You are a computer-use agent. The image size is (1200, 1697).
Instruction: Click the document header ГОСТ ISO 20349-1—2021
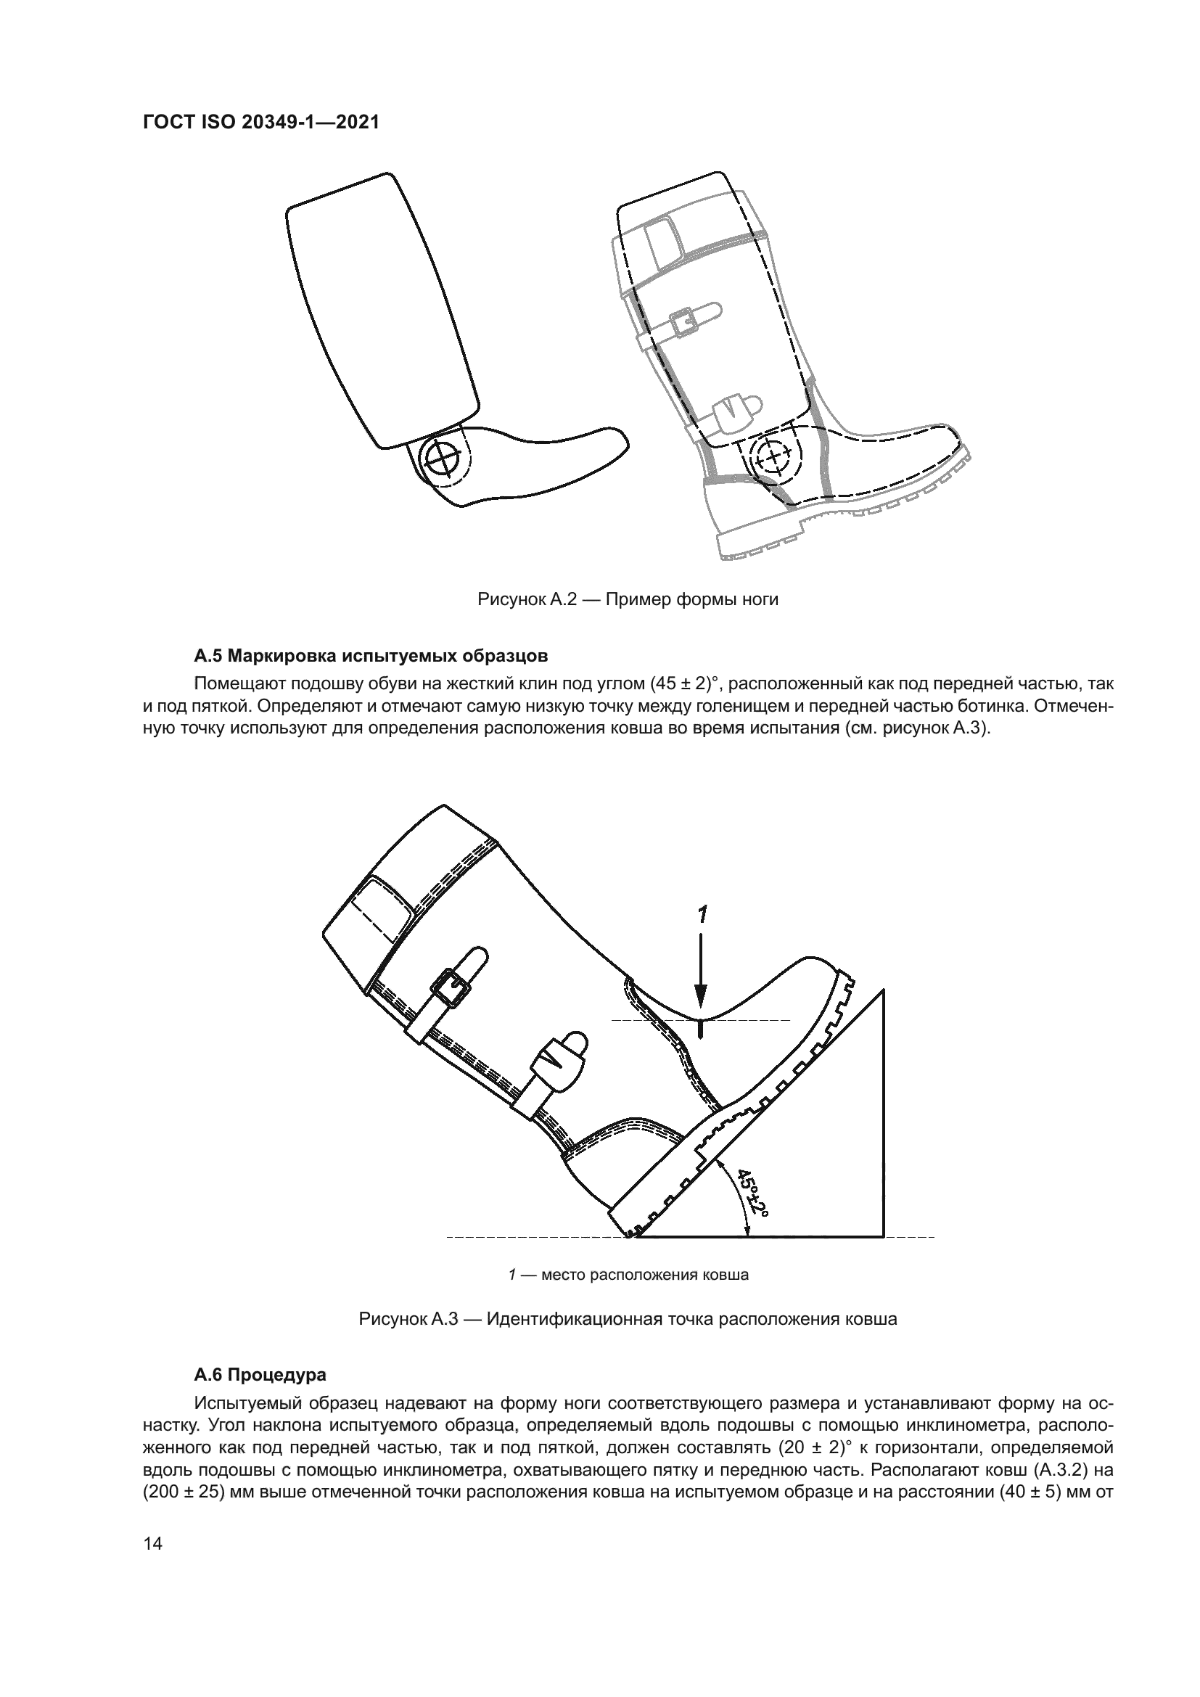tap(261, 123)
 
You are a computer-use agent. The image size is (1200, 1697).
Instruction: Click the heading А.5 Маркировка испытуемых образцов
tap(371, 656)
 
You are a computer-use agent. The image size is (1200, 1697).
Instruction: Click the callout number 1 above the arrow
tap(703, 916)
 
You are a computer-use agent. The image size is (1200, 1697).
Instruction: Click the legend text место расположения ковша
tap(645, 1275)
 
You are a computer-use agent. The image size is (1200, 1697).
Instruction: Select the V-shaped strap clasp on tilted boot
tap(551, 1060)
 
